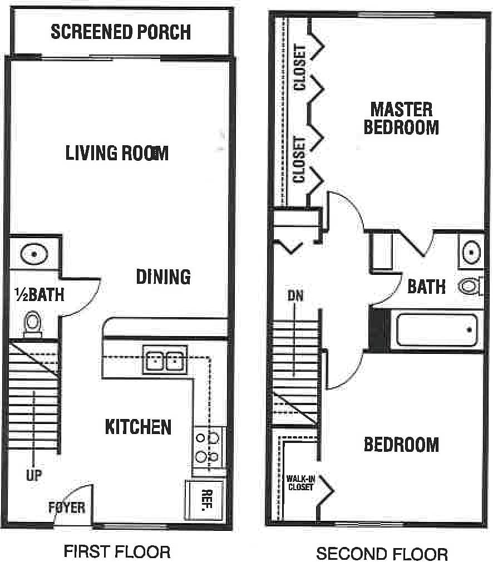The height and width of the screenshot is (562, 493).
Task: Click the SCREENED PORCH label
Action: (121, 32)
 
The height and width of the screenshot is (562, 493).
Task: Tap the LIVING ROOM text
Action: (117, 153)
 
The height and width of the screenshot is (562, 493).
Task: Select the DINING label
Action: (163, 277)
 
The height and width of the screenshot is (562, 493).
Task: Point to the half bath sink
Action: (34, 255)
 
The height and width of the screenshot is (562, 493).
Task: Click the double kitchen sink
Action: (165, 361)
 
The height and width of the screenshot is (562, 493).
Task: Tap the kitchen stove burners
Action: (207, 448)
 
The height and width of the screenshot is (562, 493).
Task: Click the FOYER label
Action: (67, 507)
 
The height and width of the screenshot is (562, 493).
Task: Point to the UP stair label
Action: (34, 476)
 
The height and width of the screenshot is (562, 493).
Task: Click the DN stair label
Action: (295, 296)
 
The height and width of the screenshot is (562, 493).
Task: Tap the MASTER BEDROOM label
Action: (401, 118)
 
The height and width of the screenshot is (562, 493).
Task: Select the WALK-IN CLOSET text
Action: (300, 482)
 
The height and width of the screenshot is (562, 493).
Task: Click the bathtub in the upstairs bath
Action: (436, 330)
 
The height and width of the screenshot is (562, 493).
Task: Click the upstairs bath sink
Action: (471, 252)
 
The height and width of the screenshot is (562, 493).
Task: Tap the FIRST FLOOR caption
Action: (117, 552)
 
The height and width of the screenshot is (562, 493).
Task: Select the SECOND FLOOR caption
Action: (382, 554)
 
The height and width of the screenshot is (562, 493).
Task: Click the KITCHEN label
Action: (138, 427)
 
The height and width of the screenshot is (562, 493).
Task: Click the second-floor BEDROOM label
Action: (401, 445)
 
